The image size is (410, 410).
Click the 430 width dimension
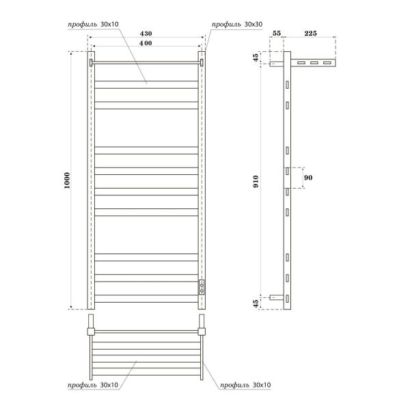point(146,33)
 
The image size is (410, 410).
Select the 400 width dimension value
point(146,43)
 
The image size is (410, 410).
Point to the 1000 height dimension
point(67,180)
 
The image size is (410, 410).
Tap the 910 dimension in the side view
point(256,181)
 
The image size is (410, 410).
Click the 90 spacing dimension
point(308,178)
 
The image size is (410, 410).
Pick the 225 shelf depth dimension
point(310,33)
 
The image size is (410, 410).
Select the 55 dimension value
point(277,33)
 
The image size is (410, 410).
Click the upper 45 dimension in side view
point(256,57)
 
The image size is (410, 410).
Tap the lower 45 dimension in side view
point(256,303)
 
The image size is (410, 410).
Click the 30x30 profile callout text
point(237,25)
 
